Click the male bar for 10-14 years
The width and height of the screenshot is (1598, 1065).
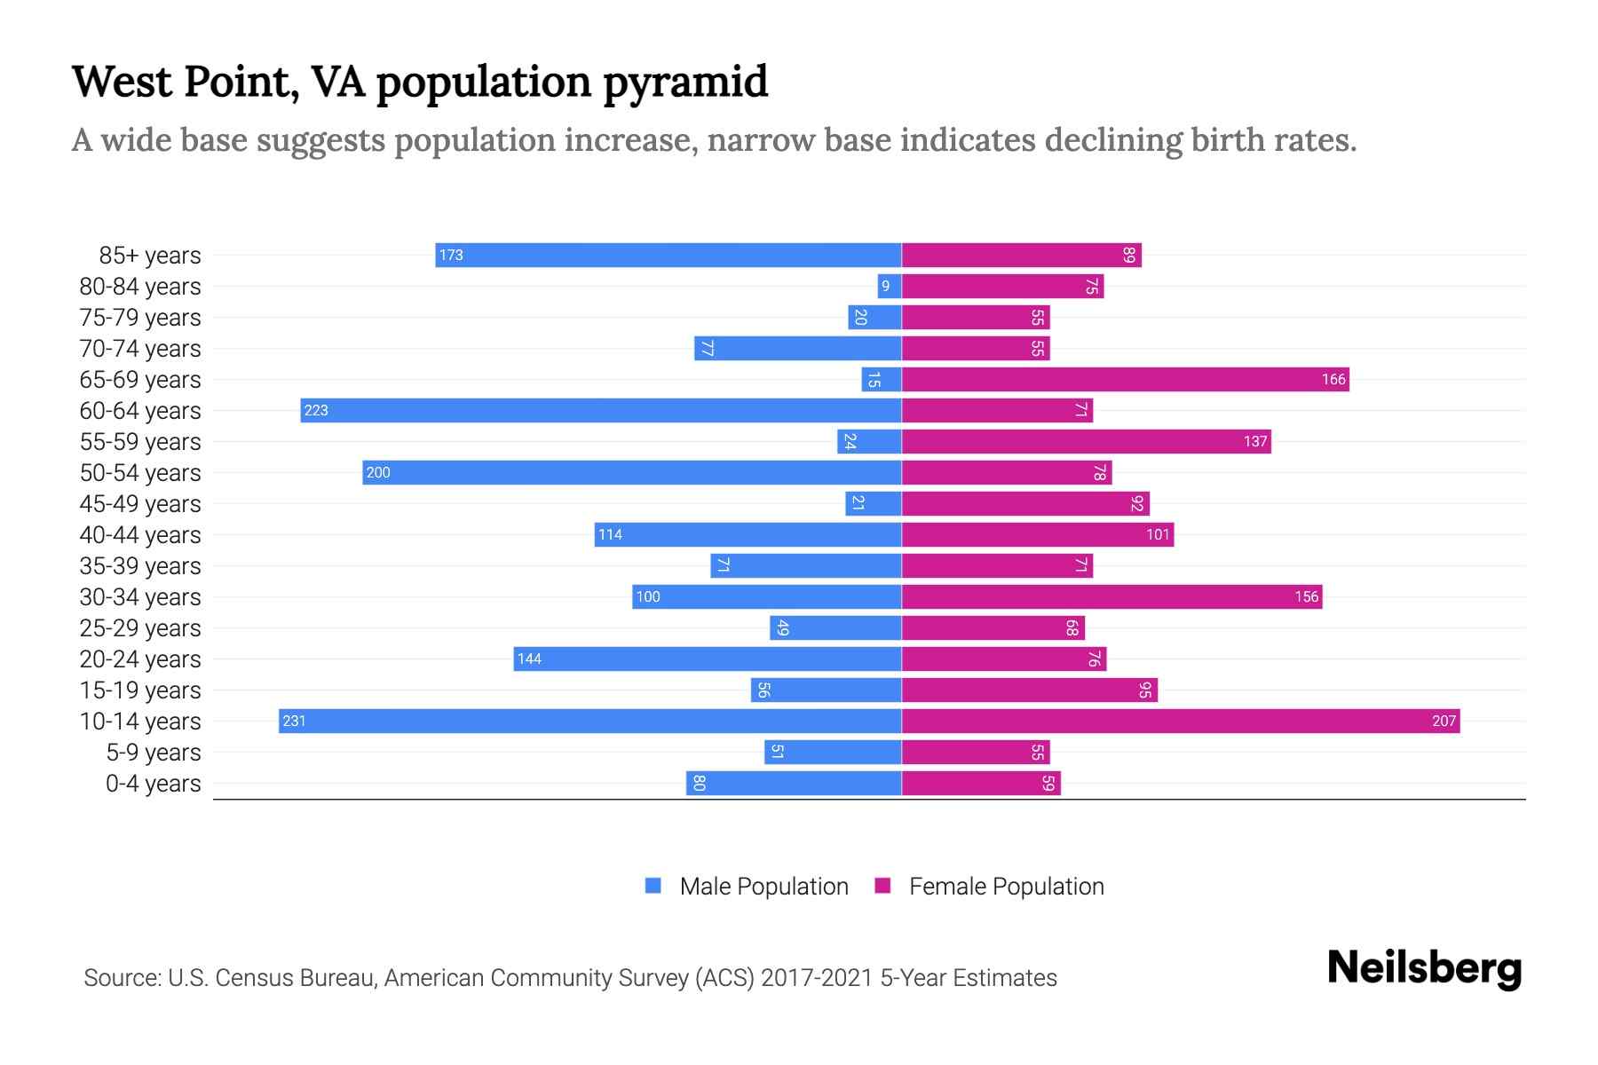[x=590, y=721]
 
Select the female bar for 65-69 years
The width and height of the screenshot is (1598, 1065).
[x=1125, y=379]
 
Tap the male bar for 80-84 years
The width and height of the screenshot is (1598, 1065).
[x=890, y=286]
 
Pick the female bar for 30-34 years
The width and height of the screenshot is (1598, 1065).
[x=1111, y=596]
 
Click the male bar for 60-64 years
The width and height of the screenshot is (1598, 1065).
[x=601, y=410]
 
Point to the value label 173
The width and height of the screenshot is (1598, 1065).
[x=451, y=256]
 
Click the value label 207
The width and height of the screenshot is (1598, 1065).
[x=1444, y=722]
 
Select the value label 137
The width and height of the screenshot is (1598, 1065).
[x=1254, y=442]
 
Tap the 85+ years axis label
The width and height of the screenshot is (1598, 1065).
[x=150, y=256]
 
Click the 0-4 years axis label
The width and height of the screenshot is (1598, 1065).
[x=153, y=784]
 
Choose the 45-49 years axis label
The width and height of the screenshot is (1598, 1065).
[x=140, y=504]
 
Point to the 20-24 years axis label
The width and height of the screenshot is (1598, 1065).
[x=140, y=659]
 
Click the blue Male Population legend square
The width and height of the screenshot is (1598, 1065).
[x=653, y=886]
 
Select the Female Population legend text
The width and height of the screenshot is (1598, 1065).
[x=1006, y=887]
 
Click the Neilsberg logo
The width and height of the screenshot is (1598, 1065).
[x=1424, y=968]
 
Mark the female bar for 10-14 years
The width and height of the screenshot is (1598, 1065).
[x=1181, y=721]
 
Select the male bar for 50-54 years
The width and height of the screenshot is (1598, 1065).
[x=632, y=472]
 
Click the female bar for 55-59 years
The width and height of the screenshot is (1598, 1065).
[x=1086, y=441]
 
